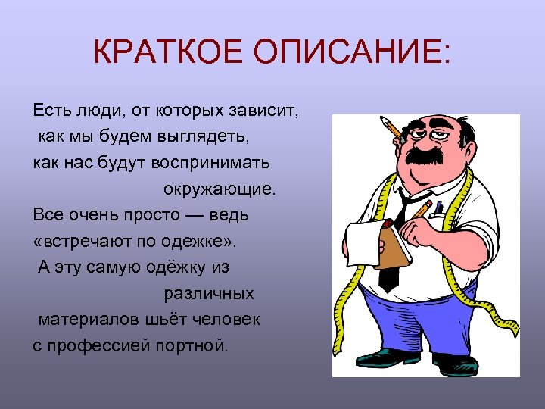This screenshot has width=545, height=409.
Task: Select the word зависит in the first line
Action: [270, 111]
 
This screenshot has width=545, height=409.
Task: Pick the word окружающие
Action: [220, 189]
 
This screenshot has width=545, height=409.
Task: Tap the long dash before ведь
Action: [194, 215]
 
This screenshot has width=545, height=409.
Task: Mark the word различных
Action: [209, 293]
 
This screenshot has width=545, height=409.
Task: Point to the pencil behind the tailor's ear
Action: [391, 126]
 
